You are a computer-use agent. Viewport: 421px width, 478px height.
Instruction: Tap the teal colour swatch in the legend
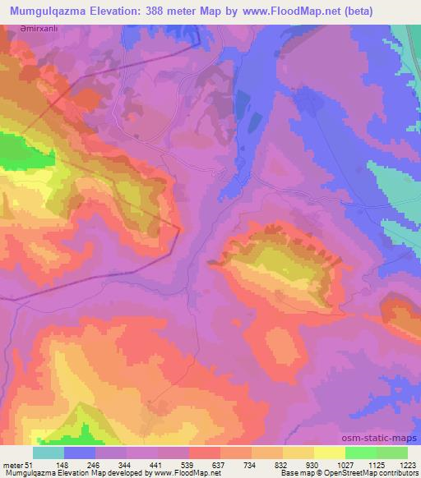(48, 453)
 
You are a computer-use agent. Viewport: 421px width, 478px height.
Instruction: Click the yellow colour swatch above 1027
(329, 453)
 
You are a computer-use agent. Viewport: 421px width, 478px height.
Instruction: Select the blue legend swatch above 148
(80, 453)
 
